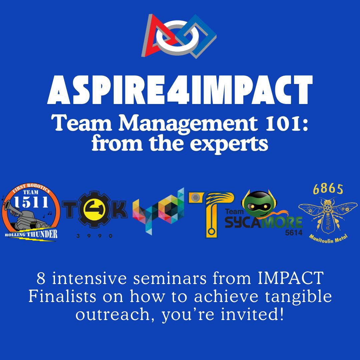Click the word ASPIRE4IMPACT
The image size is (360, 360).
point(180,90)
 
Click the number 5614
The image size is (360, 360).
point(294,233)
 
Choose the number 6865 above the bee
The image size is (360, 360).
point(328,189)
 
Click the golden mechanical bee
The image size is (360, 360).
point(328,213)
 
